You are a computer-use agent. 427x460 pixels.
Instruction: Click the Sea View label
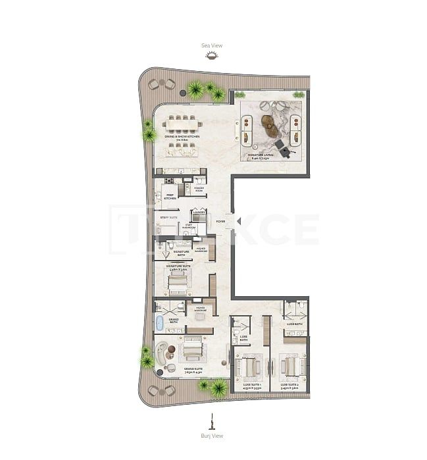[212, 45]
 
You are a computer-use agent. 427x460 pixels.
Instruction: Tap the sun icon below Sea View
[212, 57]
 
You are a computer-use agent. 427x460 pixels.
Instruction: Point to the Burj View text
[212, 436]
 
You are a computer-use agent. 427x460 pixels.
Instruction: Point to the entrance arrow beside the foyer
[238, 222]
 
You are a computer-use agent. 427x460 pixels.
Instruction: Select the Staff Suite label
[170, 216]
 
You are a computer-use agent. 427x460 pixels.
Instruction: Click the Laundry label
[199, 212]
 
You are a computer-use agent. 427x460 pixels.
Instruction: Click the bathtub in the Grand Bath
[159, 322]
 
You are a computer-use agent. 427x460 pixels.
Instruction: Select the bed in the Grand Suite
[193, 351]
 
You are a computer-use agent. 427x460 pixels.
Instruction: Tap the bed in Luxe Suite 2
[289, 365]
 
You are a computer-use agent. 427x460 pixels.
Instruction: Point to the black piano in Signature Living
[283, 148]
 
